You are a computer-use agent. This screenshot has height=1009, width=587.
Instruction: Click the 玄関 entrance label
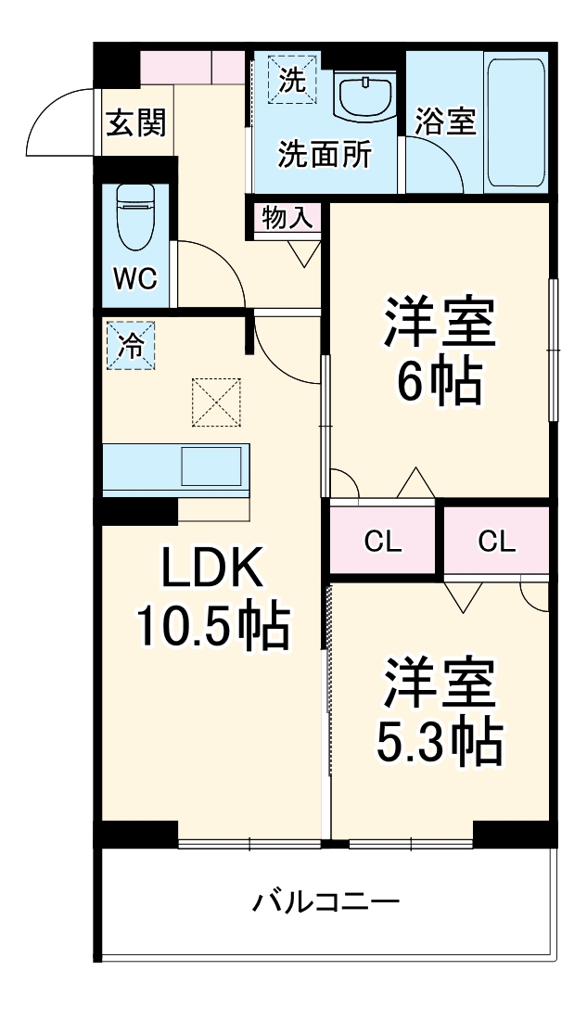point(135,122)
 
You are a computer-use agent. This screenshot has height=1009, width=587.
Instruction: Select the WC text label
point(134,278)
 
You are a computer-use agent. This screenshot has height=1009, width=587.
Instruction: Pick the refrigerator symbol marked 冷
point(130,345)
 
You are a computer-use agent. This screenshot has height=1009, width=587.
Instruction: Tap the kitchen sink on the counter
point(212,466)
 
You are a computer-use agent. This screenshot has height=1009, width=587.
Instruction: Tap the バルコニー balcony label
point(326,900)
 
